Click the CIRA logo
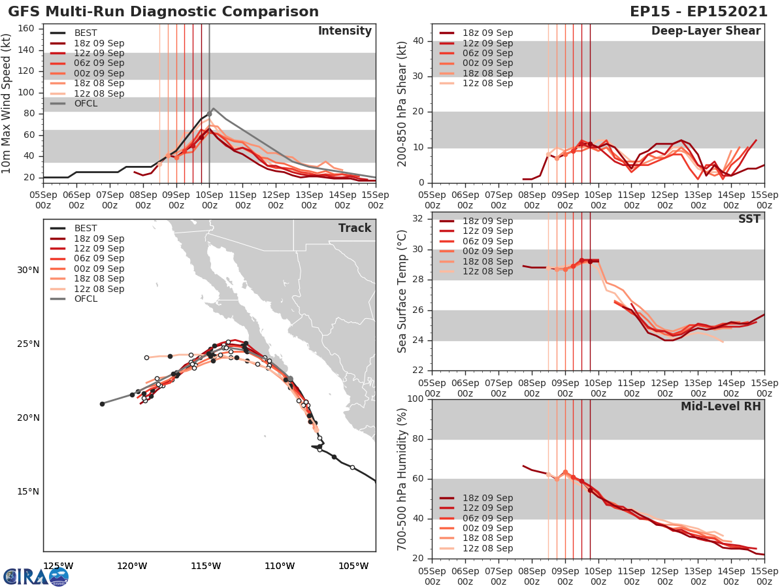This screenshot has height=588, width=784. (36, 576)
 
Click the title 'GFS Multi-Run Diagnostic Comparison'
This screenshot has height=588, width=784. (163, 12)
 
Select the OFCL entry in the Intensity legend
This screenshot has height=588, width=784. (85, 103)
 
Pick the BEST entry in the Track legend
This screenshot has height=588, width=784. (85, 228)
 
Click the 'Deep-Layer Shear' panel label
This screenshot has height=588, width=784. (706, 31)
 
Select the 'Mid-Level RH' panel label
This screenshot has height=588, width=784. (721, 406)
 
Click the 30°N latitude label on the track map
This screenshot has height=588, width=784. (27, 270)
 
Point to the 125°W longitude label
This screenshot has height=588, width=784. (57, 566)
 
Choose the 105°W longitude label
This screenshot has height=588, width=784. (354, 566)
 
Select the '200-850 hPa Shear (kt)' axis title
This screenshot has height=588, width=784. (402, 103)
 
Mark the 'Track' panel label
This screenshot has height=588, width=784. (355, 228)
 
